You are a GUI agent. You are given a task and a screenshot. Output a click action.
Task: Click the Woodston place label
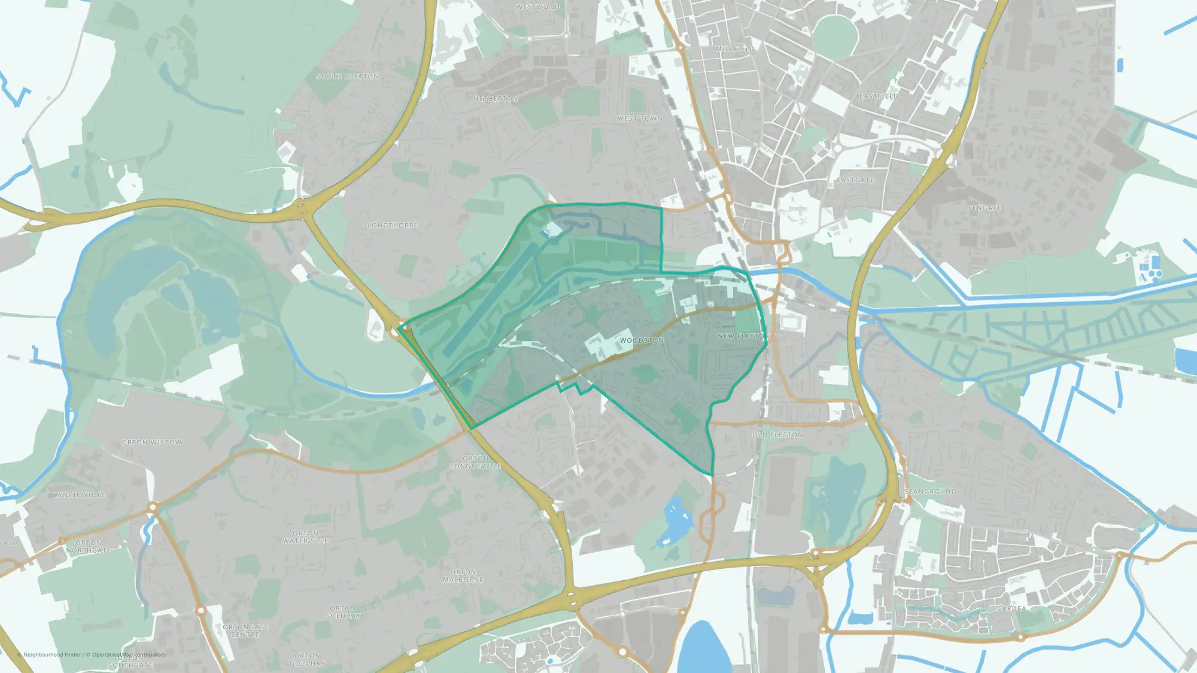[x=642, y=340]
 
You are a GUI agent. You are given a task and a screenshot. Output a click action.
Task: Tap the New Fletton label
[x=742, y=336]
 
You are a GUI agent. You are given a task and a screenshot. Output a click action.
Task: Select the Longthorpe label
[x=393, y=226]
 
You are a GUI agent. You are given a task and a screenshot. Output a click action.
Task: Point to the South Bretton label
[x=347, y=77]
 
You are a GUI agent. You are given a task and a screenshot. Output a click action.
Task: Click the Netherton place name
[x=496, y=99]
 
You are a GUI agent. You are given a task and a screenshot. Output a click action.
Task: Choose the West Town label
[x=640, y=119]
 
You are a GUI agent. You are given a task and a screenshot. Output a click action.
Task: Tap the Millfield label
[x=735, y=49]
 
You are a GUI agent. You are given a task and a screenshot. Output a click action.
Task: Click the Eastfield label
[x=879, y=96]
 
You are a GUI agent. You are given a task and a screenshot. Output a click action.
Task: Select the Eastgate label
[x=855, y=180]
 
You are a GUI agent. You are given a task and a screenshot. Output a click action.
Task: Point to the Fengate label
[x=985, y=208]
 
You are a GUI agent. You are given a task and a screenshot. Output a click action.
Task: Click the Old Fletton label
[x=777, y=435]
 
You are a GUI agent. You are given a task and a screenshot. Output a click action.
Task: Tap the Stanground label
[x=930, y=492]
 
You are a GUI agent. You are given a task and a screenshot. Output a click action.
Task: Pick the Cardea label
[x=1011, y=608]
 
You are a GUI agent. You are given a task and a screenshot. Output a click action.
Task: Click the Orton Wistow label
[x=151, y=443]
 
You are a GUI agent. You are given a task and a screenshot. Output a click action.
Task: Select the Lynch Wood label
[x=80, y=495]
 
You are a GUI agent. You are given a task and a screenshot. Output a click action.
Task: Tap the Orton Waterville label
[x=305, y=537]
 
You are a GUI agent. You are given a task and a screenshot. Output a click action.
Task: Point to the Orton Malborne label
[x=463, y=576]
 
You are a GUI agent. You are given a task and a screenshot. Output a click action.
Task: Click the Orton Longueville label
[x=475, y=462]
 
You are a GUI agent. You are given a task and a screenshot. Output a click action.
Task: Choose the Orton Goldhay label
[x=343, y=612]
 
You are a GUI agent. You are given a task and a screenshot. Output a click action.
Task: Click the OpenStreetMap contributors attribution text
[x=128, y=654]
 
